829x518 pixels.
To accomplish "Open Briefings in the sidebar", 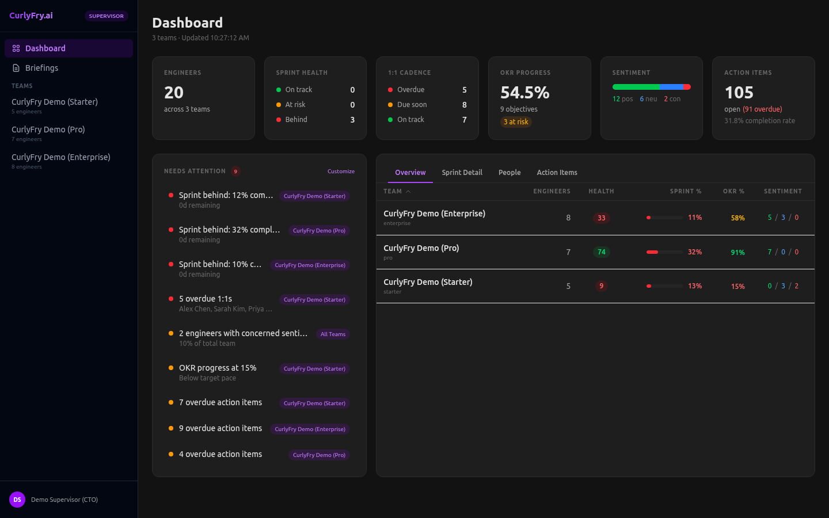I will coord(41,68).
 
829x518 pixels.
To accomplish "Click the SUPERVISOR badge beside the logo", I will coord(106,16).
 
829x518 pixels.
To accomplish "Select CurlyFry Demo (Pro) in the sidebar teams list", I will coord(48,130).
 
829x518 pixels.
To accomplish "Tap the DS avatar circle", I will coord(17,500).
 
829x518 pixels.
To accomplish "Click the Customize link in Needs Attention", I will coord(341,172).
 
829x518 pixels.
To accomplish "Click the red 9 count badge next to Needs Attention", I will coord(235,172).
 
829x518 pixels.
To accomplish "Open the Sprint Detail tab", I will coord(462,173).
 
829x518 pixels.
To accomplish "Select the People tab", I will coord(509,173).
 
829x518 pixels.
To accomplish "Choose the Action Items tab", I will coord(557,173).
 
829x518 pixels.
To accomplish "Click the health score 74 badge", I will coord(601,252).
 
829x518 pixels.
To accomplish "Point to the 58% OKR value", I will coord(737,218).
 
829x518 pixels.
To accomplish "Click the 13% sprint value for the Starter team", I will coord(695,286).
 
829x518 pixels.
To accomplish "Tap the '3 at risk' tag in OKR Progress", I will coord(516,122).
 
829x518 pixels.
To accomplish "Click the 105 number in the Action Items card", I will coord(739,93).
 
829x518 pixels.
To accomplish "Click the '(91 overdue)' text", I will coord(762,109).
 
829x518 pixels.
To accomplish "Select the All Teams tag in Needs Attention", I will coord(333,334).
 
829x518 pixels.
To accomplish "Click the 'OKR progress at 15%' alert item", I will coord(218,368).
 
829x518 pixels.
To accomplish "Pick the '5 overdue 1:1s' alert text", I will coord(206,299).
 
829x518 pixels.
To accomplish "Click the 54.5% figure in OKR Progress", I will coord(524,93).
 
